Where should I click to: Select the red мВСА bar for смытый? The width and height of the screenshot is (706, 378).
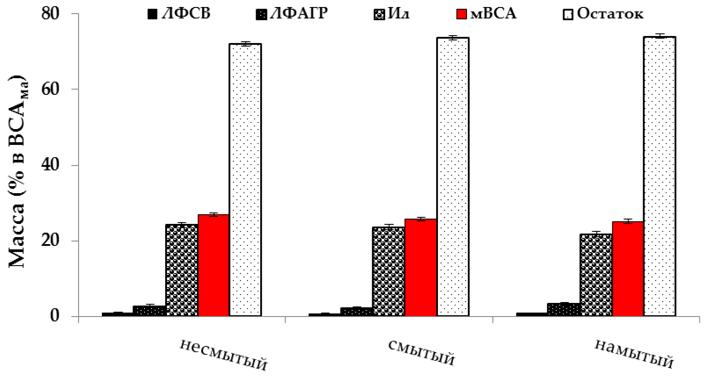pos(420,267)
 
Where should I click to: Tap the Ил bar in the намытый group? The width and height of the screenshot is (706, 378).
pos(596,275)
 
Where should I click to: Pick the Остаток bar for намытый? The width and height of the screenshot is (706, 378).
pos(659,176)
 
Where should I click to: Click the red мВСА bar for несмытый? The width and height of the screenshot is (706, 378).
pos(214,265)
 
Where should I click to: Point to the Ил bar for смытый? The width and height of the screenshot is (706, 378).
pos(388,271)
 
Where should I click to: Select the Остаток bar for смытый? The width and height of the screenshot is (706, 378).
pos(453,177)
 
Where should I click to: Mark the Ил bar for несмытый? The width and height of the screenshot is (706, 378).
pos(181,270)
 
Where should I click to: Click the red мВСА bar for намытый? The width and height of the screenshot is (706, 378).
pos(628,269)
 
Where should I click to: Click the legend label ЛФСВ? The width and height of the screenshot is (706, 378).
pos(186,14)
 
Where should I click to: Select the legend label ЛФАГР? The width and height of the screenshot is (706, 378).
pos(298,14)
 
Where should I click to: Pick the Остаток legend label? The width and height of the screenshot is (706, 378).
pos(610,14)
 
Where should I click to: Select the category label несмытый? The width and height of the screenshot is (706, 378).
pos(223,355)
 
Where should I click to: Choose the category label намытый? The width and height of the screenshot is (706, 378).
pos(634,355)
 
